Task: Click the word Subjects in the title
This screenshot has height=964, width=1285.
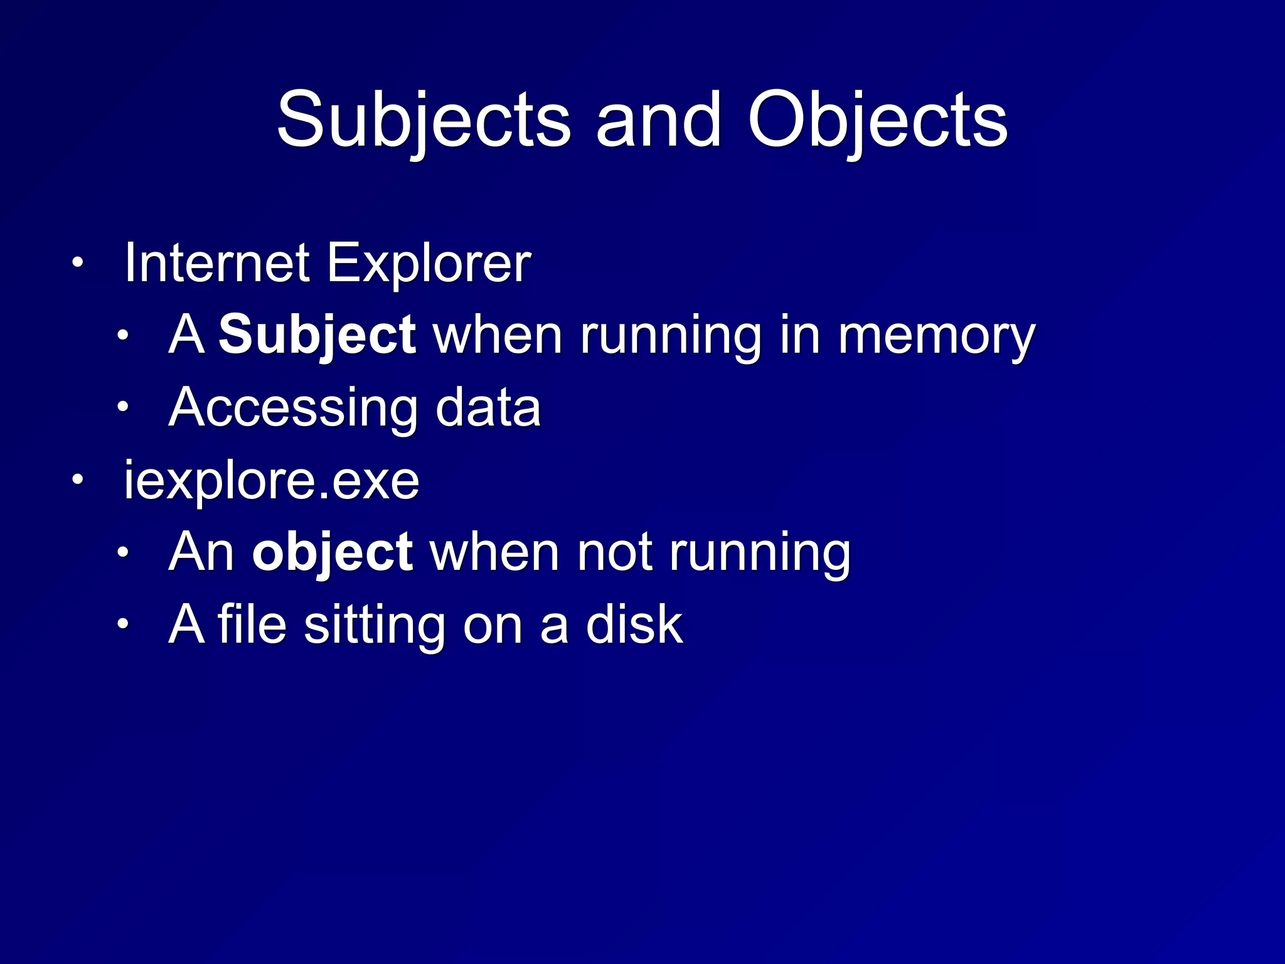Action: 424,120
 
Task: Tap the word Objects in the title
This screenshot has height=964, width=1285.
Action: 877,120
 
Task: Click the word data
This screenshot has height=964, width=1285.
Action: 488,407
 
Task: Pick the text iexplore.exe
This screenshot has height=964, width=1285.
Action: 271,481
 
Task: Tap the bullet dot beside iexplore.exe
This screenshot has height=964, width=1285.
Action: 77,480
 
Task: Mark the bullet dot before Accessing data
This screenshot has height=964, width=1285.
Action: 122,407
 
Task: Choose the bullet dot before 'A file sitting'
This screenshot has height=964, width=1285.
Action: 122,624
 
